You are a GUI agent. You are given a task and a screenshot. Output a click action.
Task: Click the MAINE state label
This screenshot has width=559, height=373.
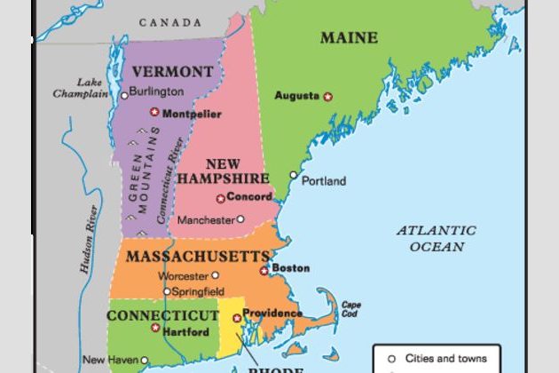(x=349, y=38)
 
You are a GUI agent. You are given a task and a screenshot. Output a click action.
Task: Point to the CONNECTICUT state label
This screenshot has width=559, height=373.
(x=162, y=315)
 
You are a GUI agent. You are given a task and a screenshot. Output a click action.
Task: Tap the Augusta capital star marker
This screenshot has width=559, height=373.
(x=327, y=96)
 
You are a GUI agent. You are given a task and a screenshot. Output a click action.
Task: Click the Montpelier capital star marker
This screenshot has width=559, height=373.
(x=154, y=113)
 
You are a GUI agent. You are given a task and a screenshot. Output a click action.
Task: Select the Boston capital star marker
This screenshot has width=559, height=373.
(x=264, y=269)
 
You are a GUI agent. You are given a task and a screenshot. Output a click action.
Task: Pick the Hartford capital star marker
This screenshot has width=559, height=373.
(x=155, y=329)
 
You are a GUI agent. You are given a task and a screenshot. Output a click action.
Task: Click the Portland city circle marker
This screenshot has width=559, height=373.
(x=294, y=176)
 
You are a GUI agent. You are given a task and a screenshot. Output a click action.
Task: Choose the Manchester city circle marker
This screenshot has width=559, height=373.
(x=240, y=218)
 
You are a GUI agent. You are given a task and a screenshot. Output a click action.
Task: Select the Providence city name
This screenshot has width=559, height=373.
(x=272, y=313)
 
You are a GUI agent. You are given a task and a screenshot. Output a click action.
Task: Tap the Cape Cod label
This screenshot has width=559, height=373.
(x=350, y=308)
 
